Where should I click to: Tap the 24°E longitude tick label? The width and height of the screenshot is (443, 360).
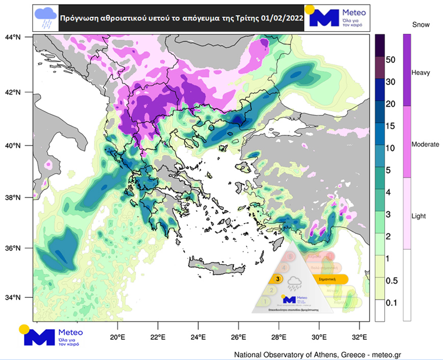pos(198,337)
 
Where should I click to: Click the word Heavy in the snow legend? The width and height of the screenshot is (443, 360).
pos(421,73)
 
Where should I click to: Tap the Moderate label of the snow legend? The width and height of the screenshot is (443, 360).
pos(425,145)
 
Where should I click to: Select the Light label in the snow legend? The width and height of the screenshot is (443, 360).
pos(419,216)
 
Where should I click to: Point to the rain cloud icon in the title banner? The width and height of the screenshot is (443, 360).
pos(45,18)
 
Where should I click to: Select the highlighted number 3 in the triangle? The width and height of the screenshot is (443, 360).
pos(277,279)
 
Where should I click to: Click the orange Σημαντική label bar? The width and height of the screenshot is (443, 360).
pos(327,279)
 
